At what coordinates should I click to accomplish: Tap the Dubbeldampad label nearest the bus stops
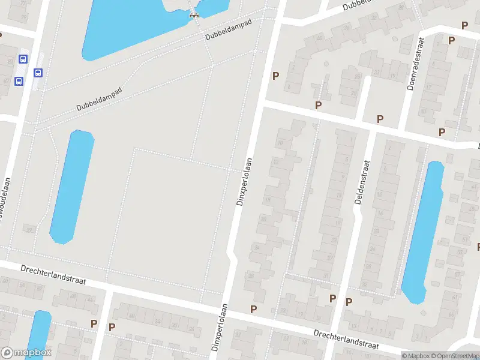pos(99,99)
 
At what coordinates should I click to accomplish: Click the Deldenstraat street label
pos(361,182)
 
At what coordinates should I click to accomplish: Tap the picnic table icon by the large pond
pos(194,15)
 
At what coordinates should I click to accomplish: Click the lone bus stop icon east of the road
pos(38,73)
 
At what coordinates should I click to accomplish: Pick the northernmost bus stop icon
pos(23,59)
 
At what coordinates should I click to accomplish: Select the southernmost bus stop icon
pos(19,81)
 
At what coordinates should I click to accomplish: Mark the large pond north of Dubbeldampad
pos(138,24)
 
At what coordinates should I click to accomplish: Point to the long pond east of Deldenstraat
pos(423,231)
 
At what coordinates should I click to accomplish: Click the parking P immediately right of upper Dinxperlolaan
pos(275,76)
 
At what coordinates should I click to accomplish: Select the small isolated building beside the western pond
pos(29,229)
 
